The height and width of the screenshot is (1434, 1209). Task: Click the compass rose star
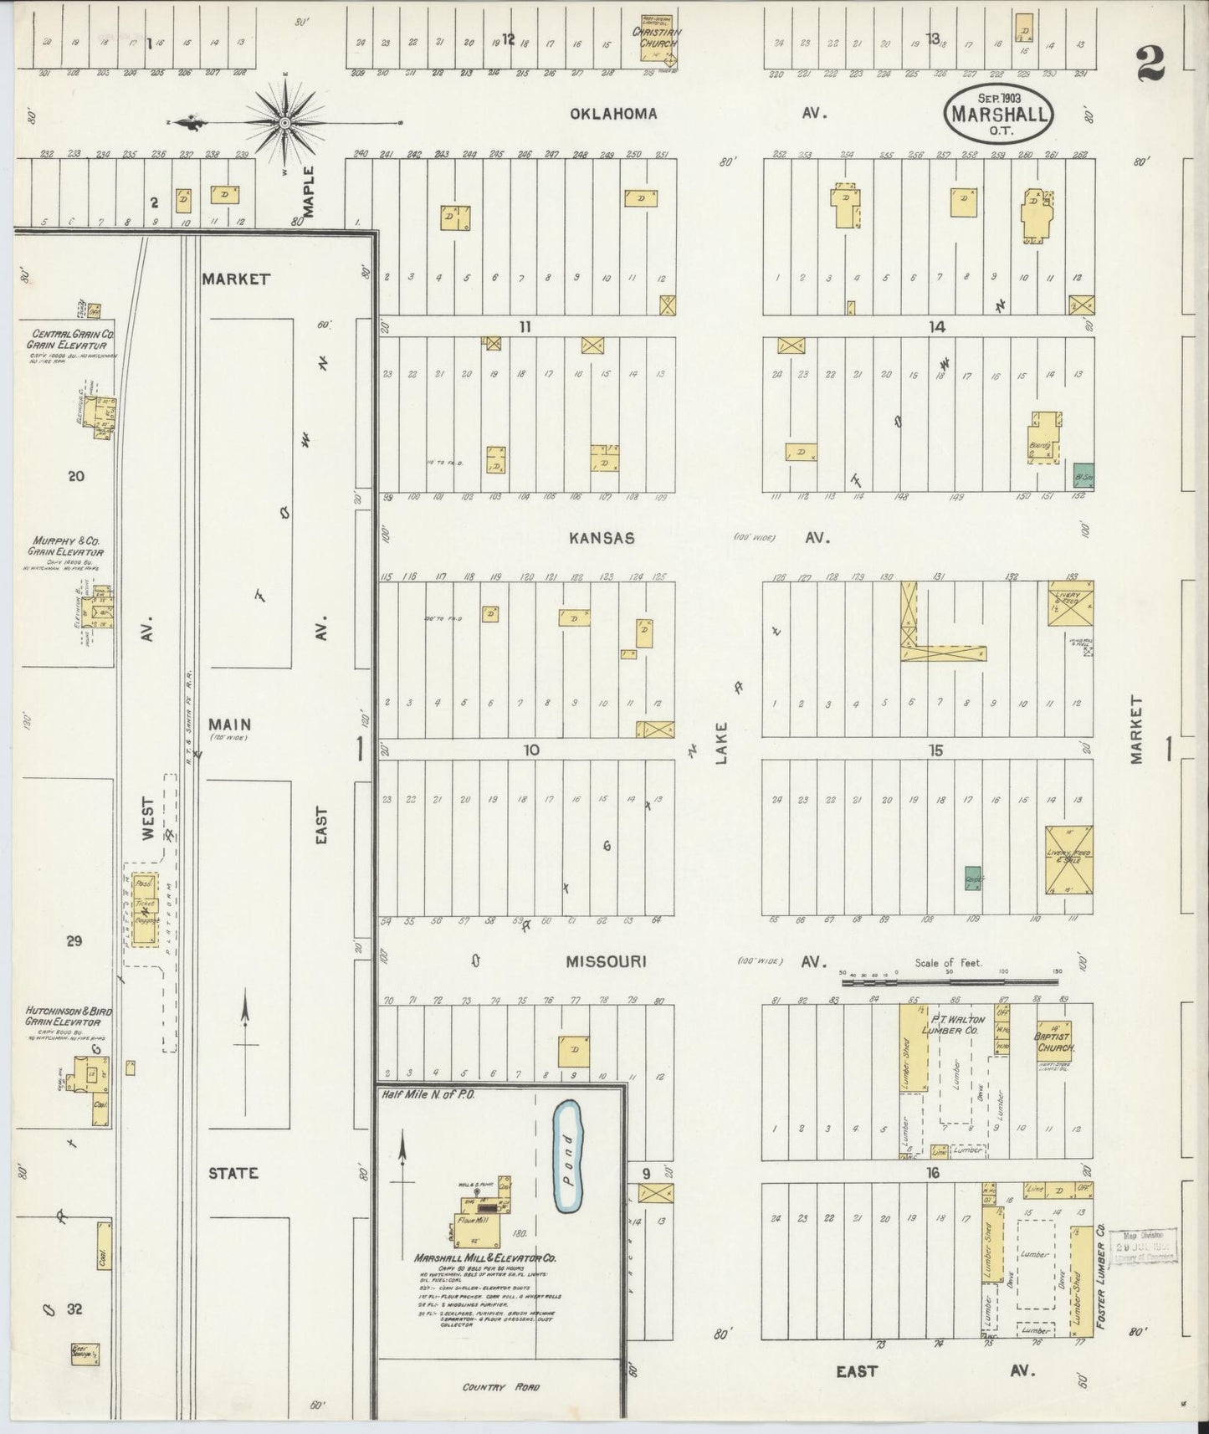(284, 123)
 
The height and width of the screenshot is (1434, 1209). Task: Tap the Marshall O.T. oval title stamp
(998, 110)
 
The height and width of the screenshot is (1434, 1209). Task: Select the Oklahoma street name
(613, 113)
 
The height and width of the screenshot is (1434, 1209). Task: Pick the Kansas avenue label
(602, 538)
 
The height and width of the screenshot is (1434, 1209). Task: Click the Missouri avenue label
(607, 962)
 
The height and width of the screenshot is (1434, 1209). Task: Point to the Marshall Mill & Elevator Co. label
(486, 1257)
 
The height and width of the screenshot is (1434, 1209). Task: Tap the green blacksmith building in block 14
(1083, 475)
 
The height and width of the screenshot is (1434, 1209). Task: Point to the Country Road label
(502, 1387)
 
